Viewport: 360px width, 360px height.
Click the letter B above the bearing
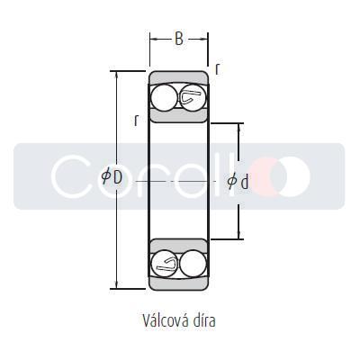click(178, 40)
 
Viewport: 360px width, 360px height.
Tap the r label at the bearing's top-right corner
click(217, 68)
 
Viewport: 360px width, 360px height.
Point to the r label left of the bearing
click(136, 119)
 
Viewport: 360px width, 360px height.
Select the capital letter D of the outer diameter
click(117, 176)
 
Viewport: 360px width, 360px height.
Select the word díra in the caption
click(202, 319)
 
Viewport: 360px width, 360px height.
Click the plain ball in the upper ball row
click(164, 97)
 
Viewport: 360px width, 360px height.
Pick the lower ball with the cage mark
click(165, 263)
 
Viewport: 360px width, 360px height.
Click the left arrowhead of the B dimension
click(152, 39)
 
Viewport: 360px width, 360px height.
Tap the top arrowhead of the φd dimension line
click(238, 125)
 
